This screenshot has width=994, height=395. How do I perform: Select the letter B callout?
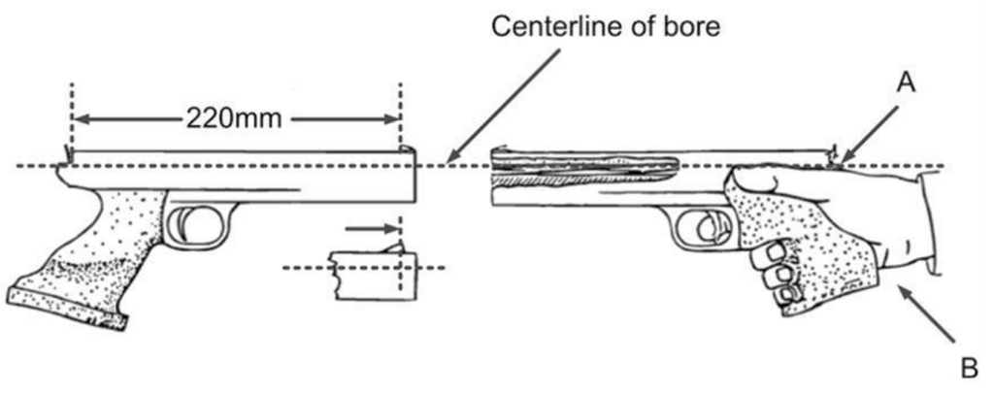pos(967,369)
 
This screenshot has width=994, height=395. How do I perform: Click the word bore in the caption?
pos(696,26)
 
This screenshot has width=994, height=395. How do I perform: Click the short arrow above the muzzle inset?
pos(373,229)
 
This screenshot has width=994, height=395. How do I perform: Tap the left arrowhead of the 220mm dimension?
pos(79,119)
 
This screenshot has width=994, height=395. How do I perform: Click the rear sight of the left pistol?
pos(68,153)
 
